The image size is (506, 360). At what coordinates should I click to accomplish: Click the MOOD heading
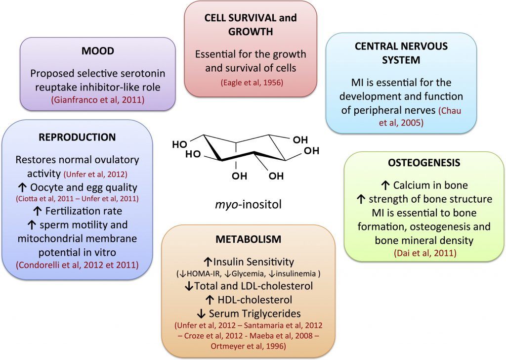coord(97,51)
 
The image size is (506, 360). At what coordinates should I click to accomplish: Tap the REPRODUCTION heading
coord(77,137)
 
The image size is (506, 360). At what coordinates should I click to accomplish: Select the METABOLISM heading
coord(249,239)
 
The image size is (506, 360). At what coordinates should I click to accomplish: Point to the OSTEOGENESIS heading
coord(424,163)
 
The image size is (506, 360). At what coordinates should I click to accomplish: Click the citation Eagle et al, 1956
coord(252,83)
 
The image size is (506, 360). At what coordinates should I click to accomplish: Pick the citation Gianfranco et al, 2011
coord(98,100)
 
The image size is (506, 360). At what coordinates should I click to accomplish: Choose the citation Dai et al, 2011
coord(425,253)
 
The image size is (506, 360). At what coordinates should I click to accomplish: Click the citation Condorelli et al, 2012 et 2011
coord(77,265)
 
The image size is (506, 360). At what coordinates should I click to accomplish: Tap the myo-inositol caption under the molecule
coord(248,204)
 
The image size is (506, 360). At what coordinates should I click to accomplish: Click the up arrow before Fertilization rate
coord(38,211)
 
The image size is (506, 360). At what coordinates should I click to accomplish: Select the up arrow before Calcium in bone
coord(385,185)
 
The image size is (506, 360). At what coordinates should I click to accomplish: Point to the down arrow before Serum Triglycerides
coord(201,314)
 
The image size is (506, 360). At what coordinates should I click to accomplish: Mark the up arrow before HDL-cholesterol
coord(210,300)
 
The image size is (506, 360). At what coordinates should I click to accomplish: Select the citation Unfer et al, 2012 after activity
coord(95,175)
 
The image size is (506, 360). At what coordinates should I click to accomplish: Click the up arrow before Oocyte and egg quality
coord(22,187)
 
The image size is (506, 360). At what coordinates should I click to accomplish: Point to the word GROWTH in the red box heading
coord(251,32)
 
